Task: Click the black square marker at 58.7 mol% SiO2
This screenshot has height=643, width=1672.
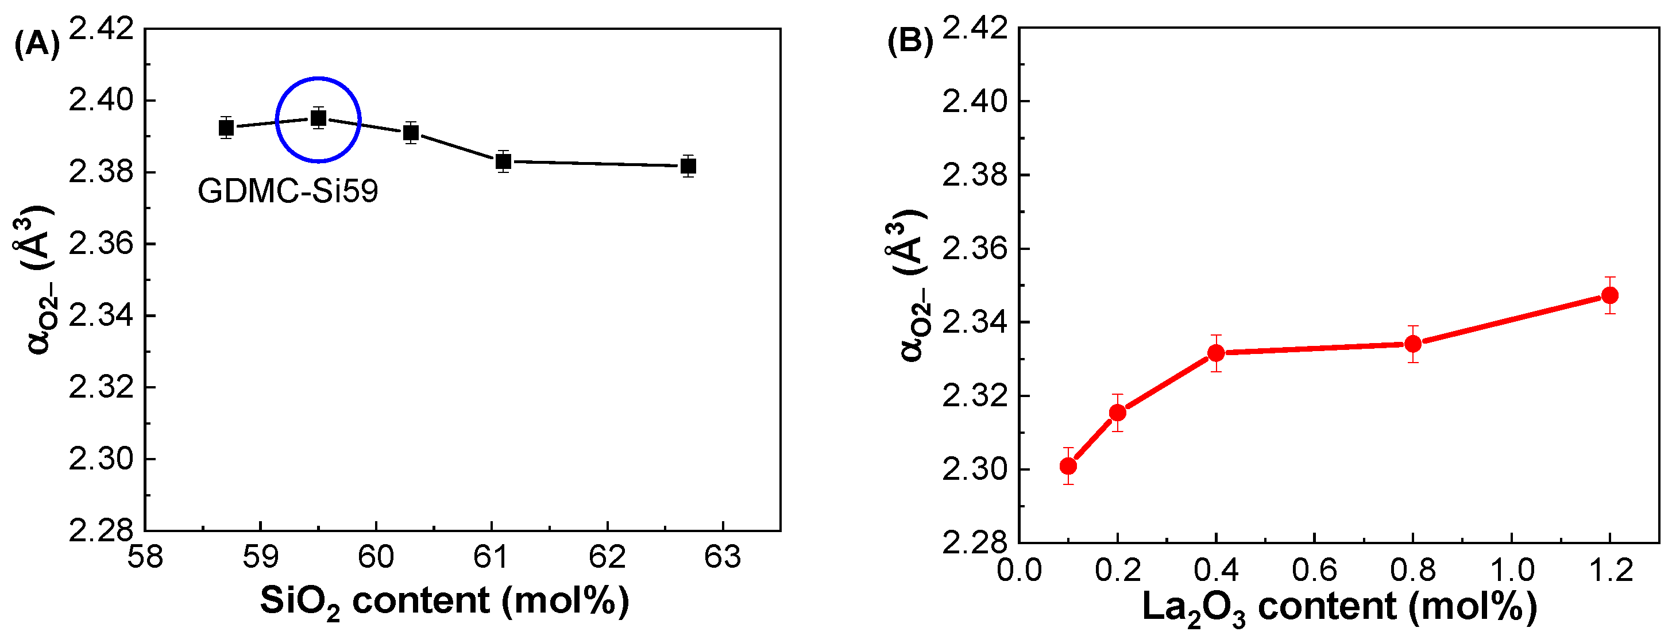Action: click(x=226, y=128)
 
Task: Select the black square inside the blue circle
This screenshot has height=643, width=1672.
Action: click(x=318, y=118)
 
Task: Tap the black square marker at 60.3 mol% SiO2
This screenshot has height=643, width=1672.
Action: click(x=411, y=133)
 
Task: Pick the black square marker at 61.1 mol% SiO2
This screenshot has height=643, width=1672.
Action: click(x=504, y=161)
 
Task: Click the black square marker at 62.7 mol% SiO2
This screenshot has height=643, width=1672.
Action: click(x=689, y=165)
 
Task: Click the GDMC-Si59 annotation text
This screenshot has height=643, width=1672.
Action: click(x=288, y=191)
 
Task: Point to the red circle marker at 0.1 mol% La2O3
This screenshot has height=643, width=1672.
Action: click(x=1068, y=465)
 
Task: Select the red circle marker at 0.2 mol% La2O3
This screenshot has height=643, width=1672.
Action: click(x=1118, y=413)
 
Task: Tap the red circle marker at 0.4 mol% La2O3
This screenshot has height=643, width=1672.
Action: click(x=1217, y=353)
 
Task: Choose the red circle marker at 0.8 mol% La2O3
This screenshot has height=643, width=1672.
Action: click(x=1413, y=344)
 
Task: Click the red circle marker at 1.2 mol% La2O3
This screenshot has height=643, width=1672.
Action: click(x=1610, y=295)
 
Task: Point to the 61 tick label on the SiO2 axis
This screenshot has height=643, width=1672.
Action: click(x=491, y=557)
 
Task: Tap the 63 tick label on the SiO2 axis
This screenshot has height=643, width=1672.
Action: click(x=723, y=557)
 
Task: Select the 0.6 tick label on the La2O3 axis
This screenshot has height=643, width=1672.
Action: click(x=1314, y=570)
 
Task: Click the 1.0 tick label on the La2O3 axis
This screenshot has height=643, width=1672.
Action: click(x=1512, y=570)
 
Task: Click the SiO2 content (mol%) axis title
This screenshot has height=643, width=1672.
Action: click(x=445, y=602)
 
